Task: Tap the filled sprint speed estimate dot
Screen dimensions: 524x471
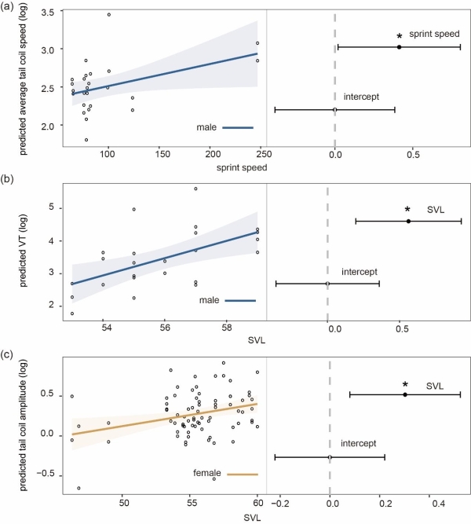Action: click(x=399, y=47)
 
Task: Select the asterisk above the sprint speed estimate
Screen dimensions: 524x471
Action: click(x=400, y=37)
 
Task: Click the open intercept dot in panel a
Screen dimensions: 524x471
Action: click(x=335, y=109)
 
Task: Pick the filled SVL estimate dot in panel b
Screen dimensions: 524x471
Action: click(x=409, y=222)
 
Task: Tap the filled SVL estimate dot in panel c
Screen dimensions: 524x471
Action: click(x=405, y=394)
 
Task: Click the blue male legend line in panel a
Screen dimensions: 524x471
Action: click(x=237, y=127)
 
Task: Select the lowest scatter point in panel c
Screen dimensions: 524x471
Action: click(x=78, y=488)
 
